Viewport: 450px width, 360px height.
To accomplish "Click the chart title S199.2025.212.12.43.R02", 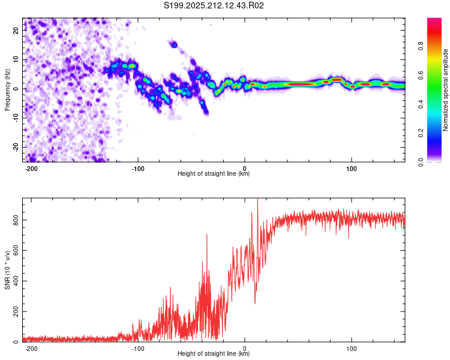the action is pyautogui.click(x=214, y=5).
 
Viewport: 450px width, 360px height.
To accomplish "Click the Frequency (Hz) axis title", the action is pyautogui.click(x=7, y=90).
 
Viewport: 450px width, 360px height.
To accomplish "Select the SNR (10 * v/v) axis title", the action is pyautogui.click(x=7, y=270).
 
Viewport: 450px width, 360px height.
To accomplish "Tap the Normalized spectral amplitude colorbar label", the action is pyautogui.click(x=445, y=90).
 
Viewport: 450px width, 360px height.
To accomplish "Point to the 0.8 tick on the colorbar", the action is pyautogui.click(x=421, y=46).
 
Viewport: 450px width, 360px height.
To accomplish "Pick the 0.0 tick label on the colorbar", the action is pyautogui.click(x=421, y=162).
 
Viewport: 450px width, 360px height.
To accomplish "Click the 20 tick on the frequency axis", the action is pyautogui.click(x=16, y=30).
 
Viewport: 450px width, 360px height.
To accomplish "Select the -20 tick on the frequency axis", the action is pyautogui.click(x=16, y=147).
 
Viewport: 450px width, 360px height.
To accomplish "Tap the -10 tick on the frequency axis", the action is pyautogui.click(x=16, y=118).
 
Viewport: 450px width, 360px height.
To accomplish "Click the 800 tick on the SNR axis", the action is pyautogui.click(x=16, y=220).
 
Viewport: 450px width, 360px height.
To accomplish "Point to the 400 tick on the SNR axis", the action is pyautogui.click(x=16, y=281).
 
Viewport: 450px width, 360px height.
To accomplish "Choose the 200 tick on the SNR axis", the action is pyautogui.click(x=16, y=311).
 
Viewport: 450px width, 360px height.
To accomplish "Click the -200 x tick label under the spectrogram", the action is pyautogui.click(x=31, y=169).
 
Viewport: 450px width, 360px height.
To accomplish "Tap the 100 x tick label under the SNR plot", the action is pyautogui.click(x=351, y=349).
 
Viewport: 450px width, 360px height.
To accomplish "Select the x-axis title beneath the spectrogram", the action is pyautogui.click(x=214, y=173).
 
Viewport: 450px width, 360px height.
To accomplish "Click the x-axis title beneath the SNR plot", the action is pyautogui.click(x=214, y=353).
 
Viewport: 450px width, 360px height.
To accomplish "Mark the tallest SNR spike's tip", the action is pyautogui.click(x=257, y=199).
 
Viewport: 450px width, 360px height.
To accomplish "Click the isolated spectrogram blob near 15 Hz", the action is pyautogui.click(x=174, y=44).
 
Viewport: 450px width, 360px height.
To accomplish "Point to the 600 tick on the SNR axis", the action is pyautogui.click(x=16, y=250).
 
